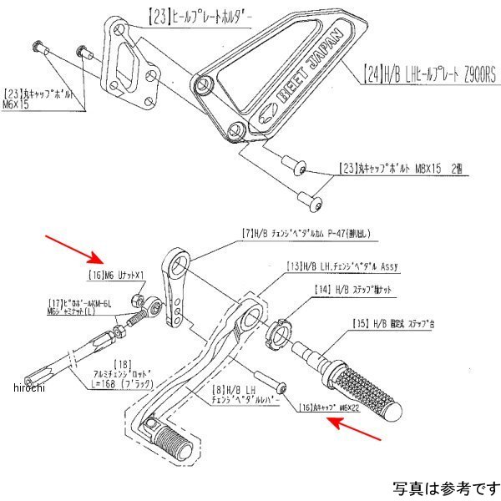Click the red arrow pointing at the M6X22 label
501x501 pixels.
click(x=347, y=418)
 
